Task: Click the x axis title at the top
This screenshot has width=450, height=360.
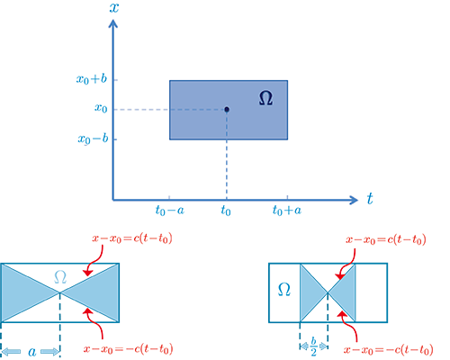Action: pos(114,7)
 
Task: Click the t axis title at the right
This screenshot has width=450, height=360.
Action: pos(370,199)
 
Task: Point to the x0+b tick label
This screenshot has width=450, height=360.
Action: pos(92,79)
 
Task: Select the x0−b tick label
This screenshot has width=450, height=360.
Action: pos(93,139)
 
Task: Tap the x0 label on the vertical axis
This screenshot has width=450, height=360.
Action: pos(101,108)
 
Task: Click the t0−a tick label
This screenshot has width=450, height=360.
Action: pos(170,211)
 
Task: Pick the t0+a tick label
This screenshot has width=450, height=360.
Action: pos(287,211)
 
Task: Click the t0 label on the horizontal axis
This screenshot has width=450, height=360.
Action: pos(226,211)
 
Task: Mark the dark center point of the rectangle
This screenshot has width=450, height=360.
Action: pos(227,110)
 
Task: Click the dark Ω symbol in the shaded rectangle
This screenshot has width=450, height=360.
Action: pos(265,98)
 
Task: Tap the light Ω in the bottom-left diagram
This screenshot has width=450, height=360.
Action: pos(60,277)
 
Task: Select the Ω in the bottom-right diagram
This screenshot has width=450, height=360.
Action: pos(283,290)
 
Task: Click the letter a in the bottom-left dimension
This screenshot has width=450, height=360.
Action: pos(32,352)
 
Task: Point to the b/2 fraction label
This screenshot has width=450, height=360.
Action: pos(313,346)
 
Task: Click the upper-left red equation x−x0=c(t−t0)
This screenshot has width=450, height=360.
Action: pos(132,238)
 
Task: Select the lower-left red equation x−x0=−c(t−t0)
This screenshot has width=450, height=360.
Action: pos(129,349)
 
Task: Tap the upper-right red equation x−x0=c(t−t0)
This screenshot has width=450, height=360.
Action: pos(386,239)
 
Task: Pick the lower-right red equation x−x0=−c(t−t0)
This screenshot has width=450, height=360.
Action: pos(389,350)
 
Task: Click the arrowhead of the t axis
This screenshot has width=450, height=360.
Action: pos(354,200)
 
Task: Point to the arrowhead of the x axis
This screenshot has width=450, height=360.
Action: pos(113,23)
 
